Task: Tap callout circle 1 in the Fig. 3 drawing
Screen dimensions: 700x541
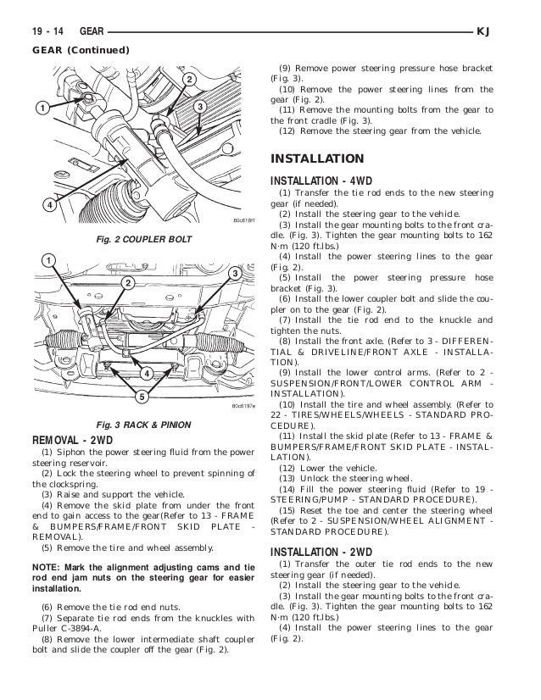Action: tap(50, 258)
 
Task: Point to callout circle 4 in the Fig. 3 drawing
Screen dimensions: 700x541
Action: tap(146, 375)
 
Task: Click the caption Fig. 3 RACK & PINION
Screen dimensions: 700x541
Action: tap(142, 424)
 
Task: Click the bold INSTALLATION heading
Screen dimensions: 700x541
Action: tap(316, 158)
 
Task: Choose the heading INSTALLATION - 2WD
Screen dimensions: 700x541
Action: tap(321, 551)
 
